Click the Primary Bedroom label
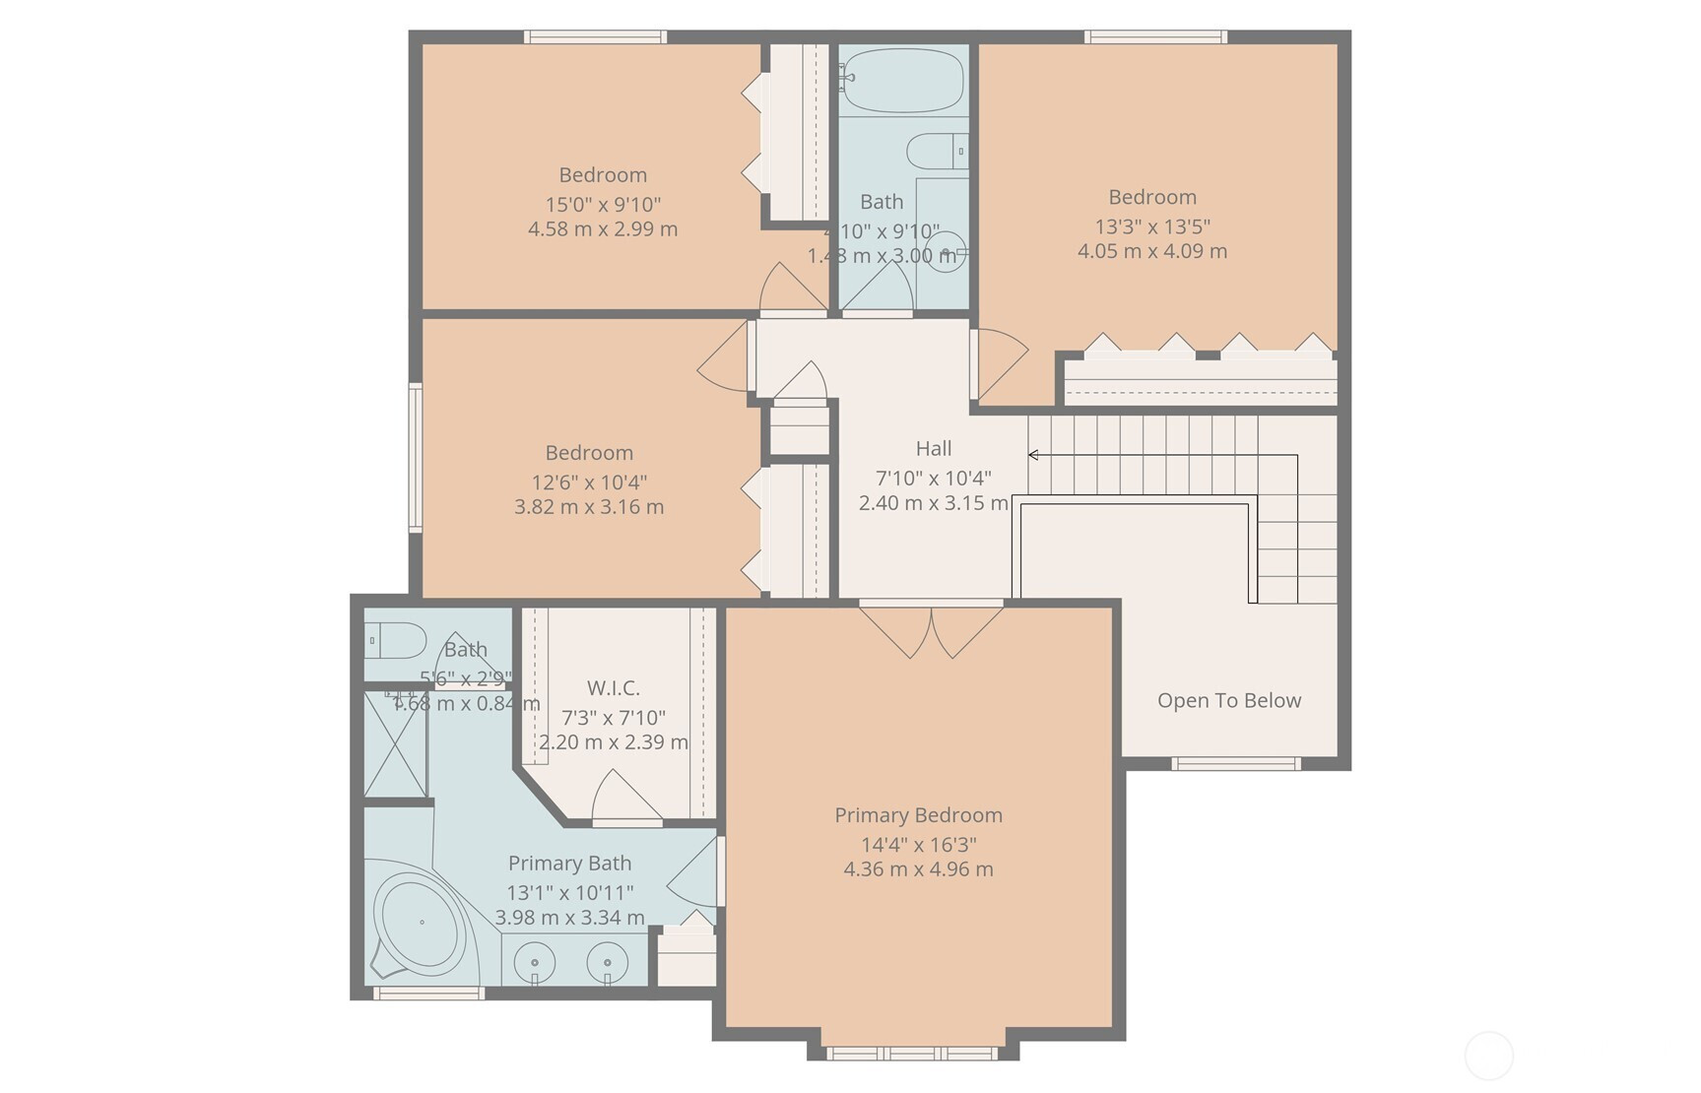point(918,815)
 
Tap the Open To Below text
point(1228,701)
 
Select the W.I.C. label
point(613,688)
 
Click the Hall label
point(933,449)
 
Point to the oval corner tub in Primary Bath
point(422,923)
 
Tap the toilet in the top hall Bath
point(937,152)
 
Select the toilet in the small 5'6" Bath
point(395,640)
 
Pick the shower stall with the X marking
point(395,744)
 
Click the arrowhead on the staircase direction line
point(1033,455)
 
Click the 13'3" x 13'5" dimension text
point(1151,226)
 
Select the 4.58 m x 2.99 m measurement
point(602,229)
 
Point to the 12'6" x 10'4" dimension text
point(589,482)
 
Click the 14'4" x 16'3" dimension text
point(918,845)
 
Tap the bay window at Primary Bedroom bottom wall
point(912,1054)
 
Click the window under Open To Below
point(1235,763)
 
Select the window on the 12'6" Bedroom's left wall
point(416,458)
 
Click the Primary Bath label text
point(569,864)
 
